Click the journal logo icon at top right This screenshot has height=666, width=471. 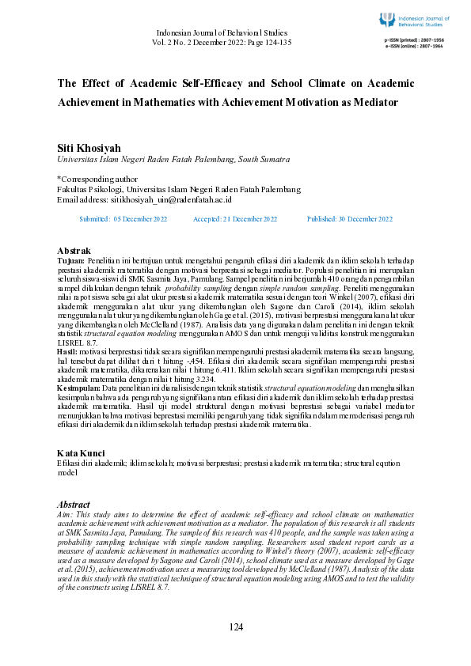pyautogui.click(x=387, y=19)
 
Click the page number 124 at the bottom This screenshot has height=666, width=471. pyautogui.click(x=236, y=627)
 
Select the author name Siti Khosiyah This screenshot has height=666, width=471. pyautogui.click(x=90, y=148)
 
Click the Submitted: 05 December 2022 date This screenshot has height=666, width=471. pyautogui.click(x=123, y=218)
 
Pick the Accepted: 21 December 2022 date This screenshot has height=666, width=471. pyautogui.click(x=235, y=218)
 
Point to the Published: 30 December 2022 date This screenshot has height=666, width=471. pyautogui.click(x=348, y=218)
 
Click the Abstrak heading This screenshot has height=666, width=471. pyautogui.click(x=74, y=251)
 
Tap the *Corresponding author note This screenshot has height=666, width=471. pyautogui.click(x=98, y=180)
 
